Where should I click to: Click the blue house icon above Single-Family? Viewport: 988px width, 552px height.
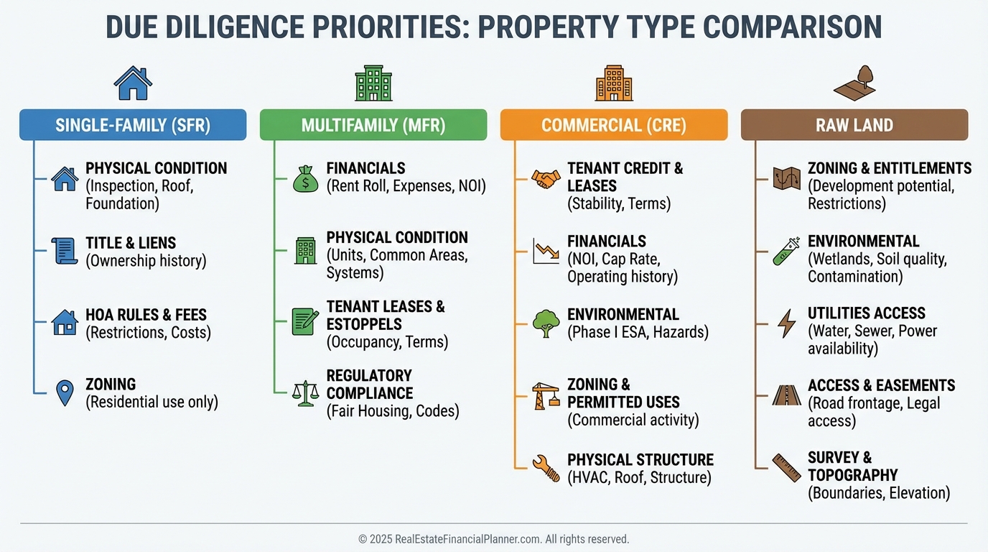click(133, 83)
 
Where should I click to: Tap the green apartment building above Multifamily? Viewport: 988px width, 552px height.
click(373, 83)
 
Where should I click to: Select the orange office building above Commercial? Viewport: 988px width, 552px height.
click(614, 83)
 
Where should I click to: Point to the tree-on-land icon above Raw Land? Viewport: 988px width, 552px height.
click(854, 83)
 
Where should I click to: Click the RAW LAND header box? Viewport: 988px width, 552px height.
click(854, 125)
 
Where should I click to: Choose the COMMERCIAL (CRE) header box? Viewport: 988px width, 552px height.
click(614, 125)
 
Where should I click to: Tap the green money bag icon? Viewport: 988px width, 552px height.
click(305, 179)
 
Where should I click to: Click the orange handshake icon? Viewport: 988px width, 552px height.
click(546, 179)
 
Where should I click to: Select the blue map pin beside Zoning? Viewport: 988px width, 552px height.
click(65, 392)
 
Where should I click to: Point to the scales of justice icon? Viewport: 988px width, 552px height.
click(305, 393)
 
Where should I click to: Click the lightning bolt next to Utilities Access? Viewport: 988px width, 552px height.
click(787, 323)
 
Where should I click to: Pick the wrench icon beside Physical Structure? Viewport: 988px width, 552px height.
click(546, 469)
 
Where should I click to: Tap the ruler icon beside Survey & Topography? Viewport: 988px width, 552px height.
click(787, 468)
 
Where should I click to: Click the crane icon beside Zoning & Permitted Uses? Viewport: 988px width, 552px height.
click(546, 396)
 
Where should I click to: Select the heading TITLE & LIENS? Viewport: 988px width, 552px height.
click(131, 243)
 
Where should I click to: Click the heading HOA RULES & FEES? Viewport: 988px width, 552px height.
click(146, 315)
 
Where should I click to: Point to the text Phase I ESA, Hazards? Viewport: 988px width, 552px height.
click(638, 332)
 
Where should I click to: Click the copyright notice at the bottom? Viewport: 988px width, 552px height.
click(493, 539)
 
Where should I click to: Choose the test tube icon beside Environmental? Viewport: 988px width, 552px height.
click(787, 251)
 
